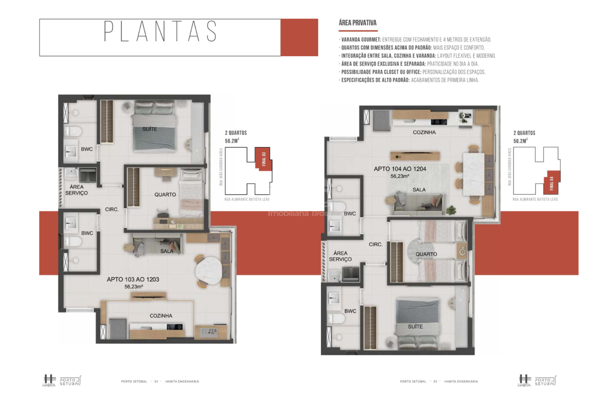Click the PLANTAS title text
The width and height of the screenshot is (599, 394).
(160, 31)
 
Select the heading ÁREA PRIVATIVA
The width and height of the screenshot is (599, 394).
(358, 23)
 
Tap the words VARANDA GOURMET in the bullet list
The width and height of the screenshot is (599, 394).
(361, 40)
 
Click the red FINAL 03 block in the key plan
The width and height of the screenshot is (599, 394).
(264, 159)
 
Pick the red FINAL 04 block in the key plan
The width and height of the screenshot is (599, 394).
(552, 183)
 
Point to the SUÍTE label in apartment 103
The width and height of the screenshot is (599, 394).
(150, 129)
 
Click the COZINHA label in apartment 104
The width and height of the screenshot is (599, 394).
(424, 132)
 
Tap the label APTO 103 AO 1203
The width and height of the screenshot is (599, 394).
(133, 279)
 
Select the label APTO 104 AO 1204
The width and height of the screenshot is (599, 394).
(400, 169)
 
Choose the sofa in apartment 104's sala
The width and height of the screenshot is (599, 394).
(418, 204)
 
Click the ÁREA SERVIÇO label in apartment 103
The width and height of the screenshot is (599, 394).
(76, 190)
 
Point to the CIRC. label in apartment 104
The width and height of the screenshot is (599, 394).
(376, 244)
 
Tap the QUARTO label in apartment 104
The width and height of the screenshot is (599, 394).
(426, 254)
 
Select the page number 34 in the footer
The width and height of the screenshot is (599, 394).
(156, 381)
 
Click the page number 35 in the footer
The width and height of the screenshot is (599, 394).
(435, 381)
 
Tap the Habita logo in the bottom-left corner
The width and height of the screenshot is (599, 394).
(49, 381)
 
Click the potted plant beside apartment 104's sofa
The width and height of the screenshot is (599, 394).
(451, 210)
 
